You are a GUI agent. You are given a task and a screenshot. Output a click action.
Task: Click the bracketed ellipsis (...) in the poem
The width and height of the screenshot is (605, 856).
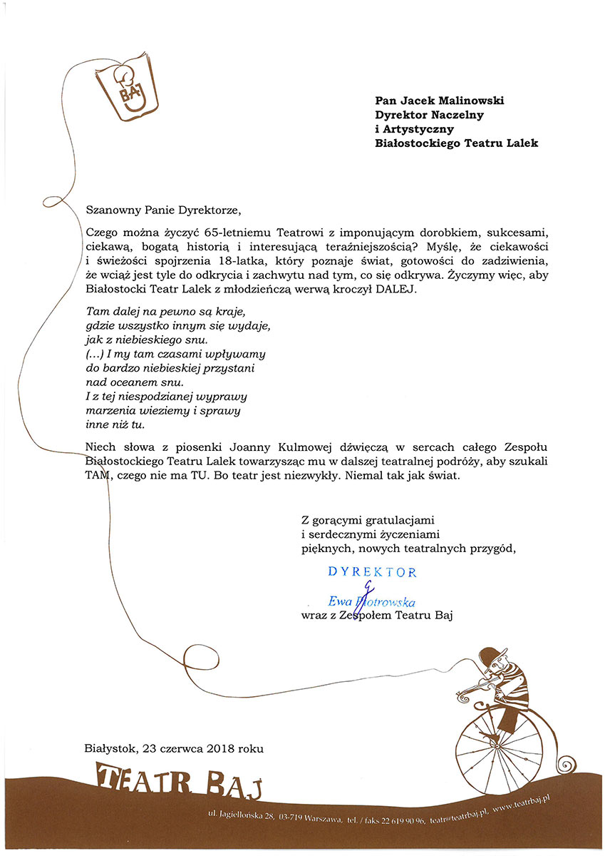(94, 353)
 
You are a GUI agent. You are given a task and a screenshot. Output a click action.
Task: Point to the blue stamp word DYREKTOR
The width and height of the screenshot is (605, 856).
(372, 572)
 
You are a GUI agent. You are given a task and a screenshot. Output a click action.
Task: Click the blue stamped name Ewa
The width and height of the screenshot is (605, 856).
(341, 601)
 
